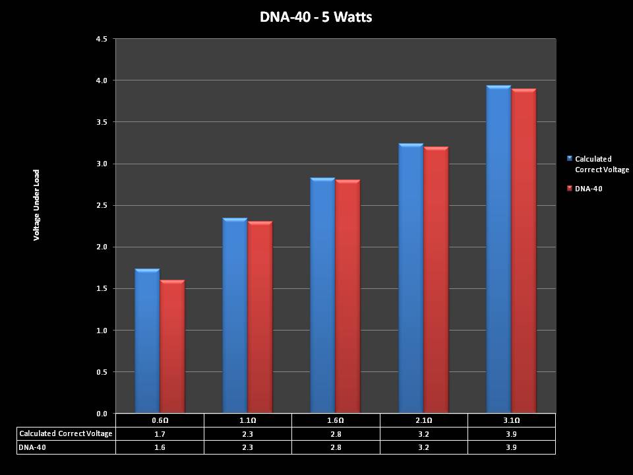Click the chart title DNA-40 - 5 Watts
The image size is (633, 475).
pos(316,17)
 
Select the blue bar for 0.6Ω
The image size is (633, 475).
pos(147,341)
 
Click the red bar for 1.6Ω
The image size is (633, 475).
pos(347,297)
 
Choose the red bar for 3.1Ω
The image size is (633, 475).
pos(524,251)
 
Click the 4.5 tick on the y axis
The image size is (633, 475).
pos(102,39)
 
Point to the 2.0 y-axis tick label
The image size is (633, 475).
pos(102,247)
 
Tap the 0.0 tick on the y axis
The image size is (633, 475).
pos(102,414)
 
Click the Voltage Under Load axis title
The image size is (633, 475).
pos(37,205)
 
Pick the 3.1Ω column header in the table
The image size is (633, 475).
pos(512,420)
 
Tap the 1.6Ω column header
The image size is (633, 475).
pos(336,420)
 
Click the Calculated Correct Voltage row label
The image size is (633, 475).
pos(66,433)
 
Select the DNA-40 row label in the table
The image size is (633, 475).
pos(33,447)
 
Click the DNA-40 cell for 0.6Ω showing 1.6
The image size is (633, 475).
pos(160,447)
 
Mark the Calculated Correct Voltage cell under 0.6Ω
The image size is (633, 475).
pos(160,433)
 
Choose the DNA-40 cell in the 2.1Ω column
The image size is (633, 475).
pos(424,447)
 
